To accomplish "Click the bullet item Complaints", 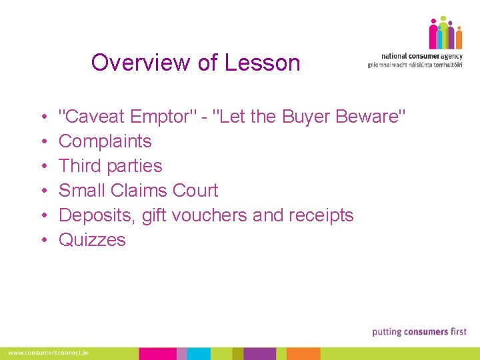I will [105, 141].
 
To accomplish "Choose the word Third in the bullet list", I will [80, 166].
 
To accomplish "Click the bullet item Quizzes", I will [92, 240].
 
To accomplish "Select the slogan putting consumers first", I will [419, 331].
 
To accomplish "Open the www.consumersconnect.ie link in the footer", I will [48, 353].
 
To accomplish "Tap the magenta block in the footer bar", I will [157, 353].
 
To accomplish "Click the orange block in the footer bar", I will [303, 353].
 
